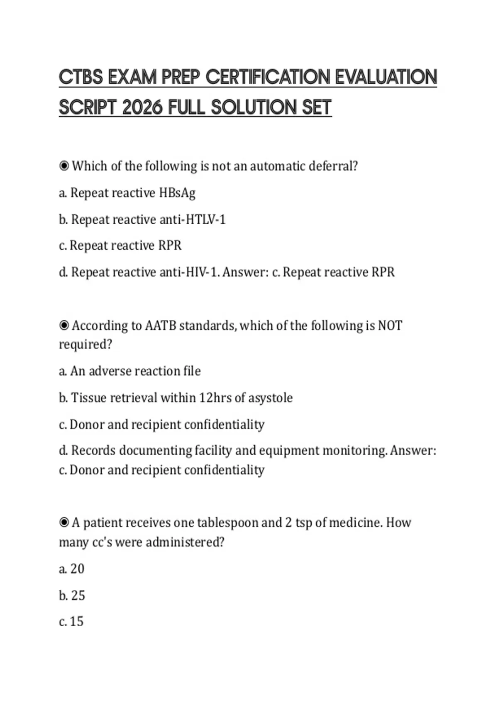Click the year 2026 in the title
pos(142,108)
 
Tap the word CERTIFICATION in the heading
pos(268,77)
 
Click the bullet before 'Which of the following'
pos(64,166)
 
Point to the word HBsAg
pos(177,193)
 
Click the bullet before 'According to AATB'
pos(64,326)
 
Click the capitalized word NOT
pos(390,326)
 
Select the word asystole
pos(270,398)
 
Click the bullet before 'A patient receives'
pos(64,522)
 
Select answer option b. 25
pos(72,596)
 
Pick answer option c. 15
pos(71,622)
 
